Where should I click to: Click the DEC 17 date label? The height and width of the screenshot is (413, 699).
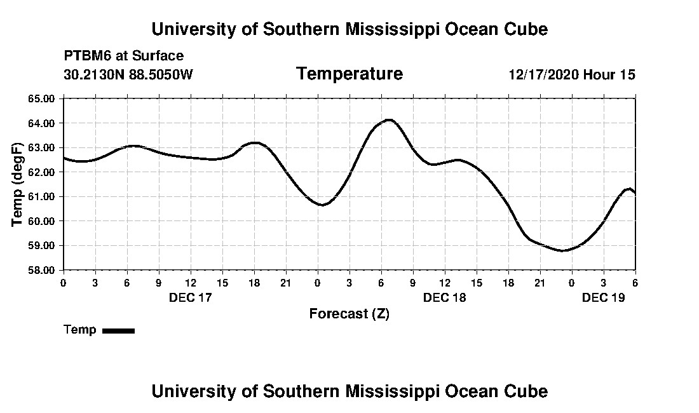[190, 297]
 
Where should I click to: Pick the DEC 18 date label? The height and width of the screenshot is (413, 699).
[445, 297]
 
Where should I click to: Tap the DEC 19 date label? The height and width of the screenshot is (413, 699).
[604, 297]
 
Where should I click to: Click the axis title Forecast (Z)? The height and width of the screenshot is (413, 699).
[349, 314]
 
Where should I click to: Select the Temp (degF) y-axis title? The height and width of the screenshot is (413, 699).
[18, 184]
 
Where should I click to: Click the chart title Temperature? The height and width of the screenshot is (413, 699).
[349, 74]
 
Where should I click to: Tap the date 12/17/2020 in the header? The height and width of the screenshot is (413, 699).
[543, 75]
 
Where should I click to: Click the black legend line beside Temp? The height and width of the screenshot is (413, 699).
[118, 330]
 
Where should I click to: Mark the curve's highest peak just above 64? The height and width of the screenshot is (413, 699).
[388, 119]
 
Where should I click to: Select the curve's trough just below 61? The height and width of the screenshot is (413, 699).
[322, 205]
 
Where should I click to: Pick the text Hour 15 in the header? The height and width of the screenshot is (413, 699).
[609, 75]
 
